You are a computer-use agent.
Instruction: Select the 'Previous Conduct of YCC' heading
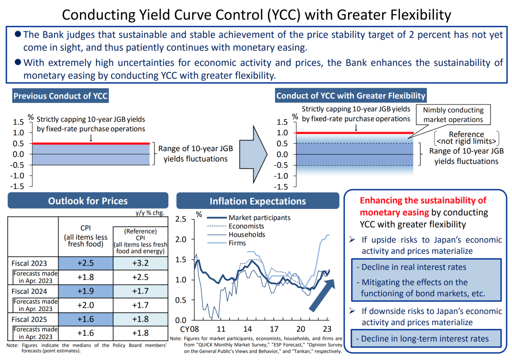point(61,96)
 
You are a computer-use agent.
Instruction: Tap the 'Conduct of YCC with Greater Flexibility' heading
point(350,96)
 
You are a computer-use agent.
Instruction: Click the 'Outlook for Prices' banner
point(88,201)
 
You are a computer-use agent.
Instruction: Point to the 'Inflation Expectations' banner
point(258,201)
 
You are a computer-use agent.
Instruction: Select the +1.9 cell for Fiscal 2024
point(85,291)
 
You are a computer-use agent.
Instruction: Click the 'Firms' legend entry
point(237,243)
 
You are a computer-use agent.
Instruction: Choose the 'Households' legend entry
point(247,234)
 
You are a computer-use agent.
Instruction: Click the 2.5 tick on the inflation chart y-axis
point(180,219)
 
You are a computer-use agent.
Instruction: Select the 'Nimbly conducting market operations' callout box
point(453,115)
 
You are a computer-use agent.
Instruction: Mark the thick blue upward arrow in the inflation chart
point(322,295)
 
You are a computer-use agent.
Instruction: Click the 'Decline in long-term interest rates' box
point(425,339)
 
